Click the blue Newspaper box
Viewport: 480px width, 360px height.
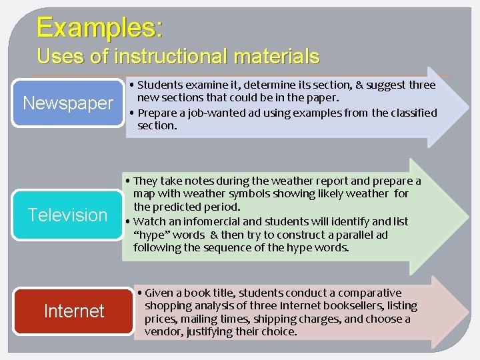(68, 103)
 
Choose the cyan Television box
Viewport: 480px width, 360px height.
(67, 215)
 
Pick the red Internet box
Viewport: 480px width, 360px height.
(74, 311)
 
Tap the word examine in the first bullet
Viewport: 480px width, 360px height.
(202, 85)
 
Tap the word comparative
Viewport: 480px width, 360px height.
(369, 293)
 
